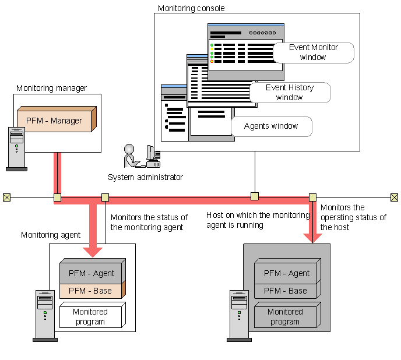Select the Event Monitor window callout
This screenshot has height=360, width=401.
(314, 52)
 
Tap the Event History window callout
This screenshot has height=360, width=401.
(290, 92)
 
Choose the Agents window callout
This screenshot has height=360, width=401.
(271, 126)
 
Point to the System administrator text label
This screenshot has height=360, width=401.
(145, 177)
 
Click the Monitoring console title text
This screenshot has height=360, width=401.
(191, 9)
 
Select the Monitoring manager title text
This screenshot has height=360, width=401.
(51, 88)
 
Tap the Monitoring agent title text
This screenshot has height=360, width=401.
(51, 235)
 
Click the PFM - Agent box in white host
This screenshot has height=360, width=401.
(92, 273)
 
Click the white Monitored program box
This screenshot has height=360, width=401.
(90, 316)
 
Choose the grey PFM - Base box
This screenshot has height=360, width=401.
(285, 291)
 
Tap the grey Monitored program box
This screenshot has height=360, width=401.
(285, 316)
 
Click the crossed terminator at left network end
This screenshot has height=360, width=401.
(6, 197)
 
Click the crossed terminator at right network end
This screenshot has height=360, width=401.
(395, 197)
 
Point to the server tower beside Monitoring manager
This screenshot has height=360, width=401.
(16, 149)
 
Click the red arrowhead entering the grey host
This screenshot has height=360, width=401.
(314, 237)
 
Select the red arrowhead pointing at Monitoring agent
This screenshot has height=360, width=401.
(92, 250)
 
